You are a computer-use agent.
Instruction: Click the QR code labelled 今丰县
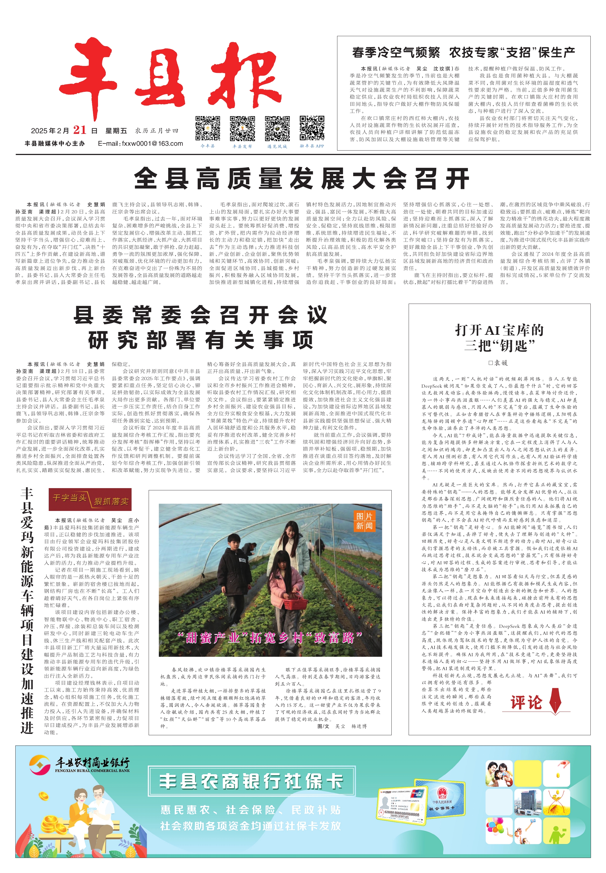point(208,129)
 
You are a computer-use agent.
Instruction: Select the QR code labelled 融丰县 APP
point(312,129)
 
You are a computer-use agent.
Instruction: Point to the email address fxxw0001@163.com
point(141,144)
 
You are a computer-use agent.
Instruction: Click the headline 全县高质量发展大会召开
point(302,178)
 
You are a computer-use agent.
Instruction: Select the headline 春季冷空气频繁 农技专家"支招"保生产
point(463,52)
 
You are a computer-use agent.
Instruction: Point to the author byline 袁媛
point(498,363)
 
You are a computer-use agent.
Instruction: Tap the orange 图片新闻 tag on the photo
point(364,520)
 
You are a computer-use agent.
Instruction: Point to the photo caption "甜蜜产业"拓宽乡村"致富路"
point(270,637)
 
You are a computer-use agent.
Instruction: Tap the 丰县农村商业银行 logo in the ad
point(80,764)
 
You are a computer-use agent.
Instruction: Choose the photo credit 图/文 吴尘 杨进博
point(342,726)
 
